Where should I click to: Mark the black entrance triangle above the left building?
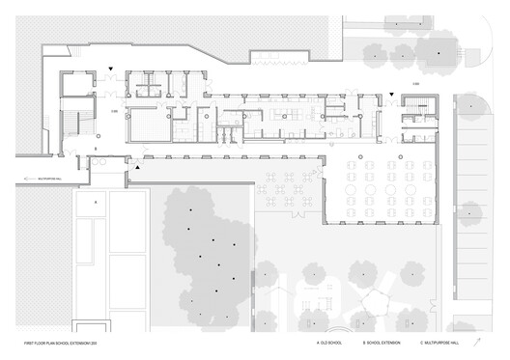click(112, 69)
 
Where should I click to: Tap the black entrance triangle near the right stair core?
click(391, 95)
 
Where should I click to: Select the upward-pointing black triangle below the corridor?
click(137, 168)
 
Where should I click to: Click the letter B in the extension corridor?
click(95, 150)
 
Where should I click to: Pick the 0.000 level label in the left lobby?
click(114, 113)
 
